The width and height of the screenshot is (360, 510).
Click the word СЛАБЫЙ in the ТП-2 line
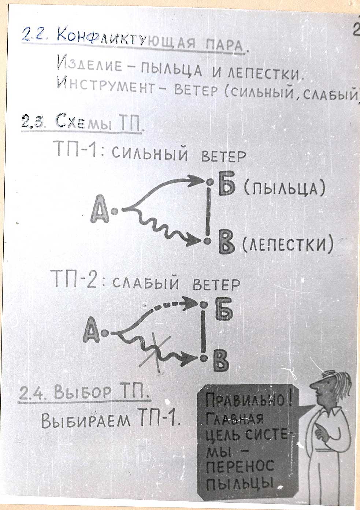click(146, 283)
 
